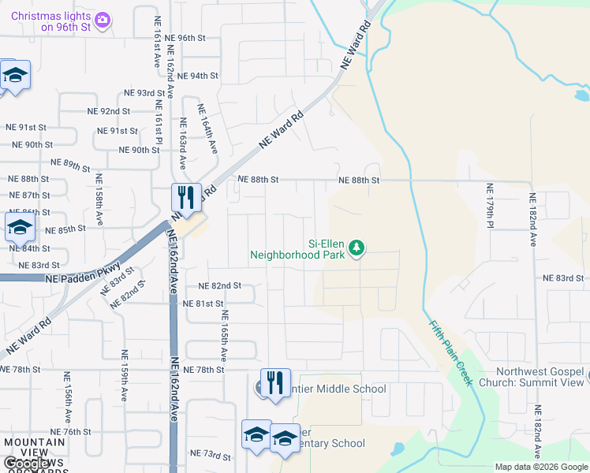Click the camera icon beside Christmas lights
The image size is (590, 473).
(102, 19)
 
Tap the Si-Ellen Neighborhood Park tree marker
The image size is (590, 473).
(357, 248)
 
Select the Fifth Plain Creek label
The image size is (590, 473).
(451, 352)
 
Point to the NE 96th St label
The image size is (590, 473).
(181, 38)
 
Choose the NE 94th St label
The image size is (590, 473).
(197, 76)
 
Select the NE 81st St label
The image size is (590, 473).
(204, 304)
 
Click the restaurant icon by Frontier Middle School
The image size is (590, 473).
(275, 382)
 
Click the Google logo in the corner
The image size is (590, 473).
(17, 464)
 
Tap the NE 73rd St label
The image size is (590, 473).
(210, 456)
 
